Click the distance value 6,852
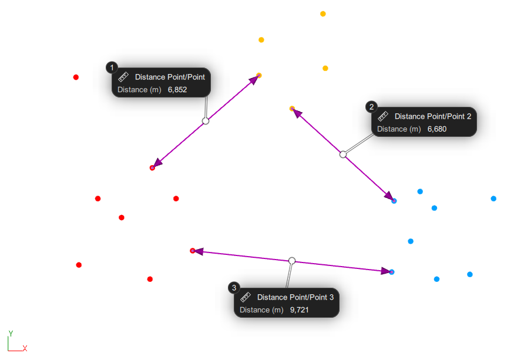pos(177,90)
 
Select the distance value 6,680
pos(436,129)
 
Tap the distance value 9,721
pos(299,310)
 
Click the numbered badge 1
pos(112,67)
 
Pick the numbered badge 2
pos(371,106)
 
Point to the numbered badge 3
pos(234,287)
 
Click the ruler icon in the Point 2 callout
pos(383,116)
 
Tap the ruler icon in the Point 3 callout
pos(246,297)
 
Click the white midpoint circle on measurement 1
pos(206,121)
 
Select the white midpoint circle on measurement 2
pos(343,154)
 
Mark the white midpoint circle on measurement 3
pos(292,260)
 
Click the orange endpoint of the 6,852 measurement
pos(258,75)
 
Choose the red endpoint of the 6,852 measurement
pos(152,168)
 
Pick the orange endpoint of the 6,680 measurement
pos(292,108)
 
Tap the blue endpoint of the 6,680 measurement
pos(394,201)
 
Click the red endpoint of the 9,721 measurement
pos(193,251)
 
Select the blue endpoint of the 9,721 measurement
pos(392,272)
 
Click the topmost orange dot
pos(323,14)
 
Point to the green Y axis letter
pos(11,334)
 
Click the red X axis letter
pos(25,348)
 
